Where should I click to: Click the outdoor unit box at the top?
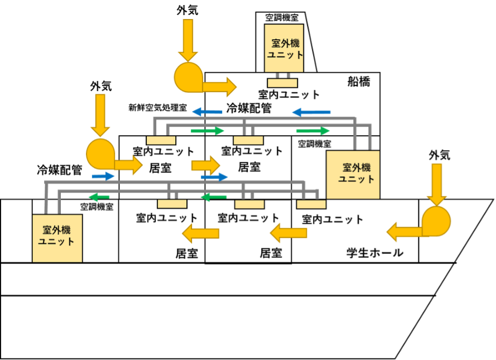(x=284, y=48)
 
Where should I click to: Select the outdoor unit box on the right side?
(x=353, y=174)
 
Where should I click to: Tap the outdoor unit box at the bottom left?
(x=57, y=238)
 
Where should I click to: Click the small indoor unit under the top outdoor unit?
(x=282, y=83)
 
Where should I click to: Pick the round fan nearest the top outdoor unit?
(x=189, y=78)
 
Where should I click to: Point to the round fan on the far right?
(x=436, y=221)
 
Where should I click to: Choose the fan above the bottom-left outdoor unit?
(x=101, y=153)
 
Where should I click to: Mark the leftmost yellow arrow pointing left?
(x=201, y=233)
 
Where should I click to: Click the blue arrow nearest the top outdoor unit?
(x=311, y=112)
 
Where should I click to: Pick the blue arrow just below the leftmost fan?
(x=103, y=176)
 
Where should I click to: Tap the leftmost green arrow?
(x=99, y=196)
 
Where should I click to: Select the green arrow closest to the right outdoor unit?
(x=313, y=131)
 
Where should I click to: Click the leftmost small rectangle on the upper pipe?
(x=161, y=140)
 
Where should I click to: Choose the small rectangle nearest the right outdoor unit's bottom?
(x=311, y=204)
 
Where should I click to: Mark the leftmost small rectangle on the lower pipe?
(x=172, y=204)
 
